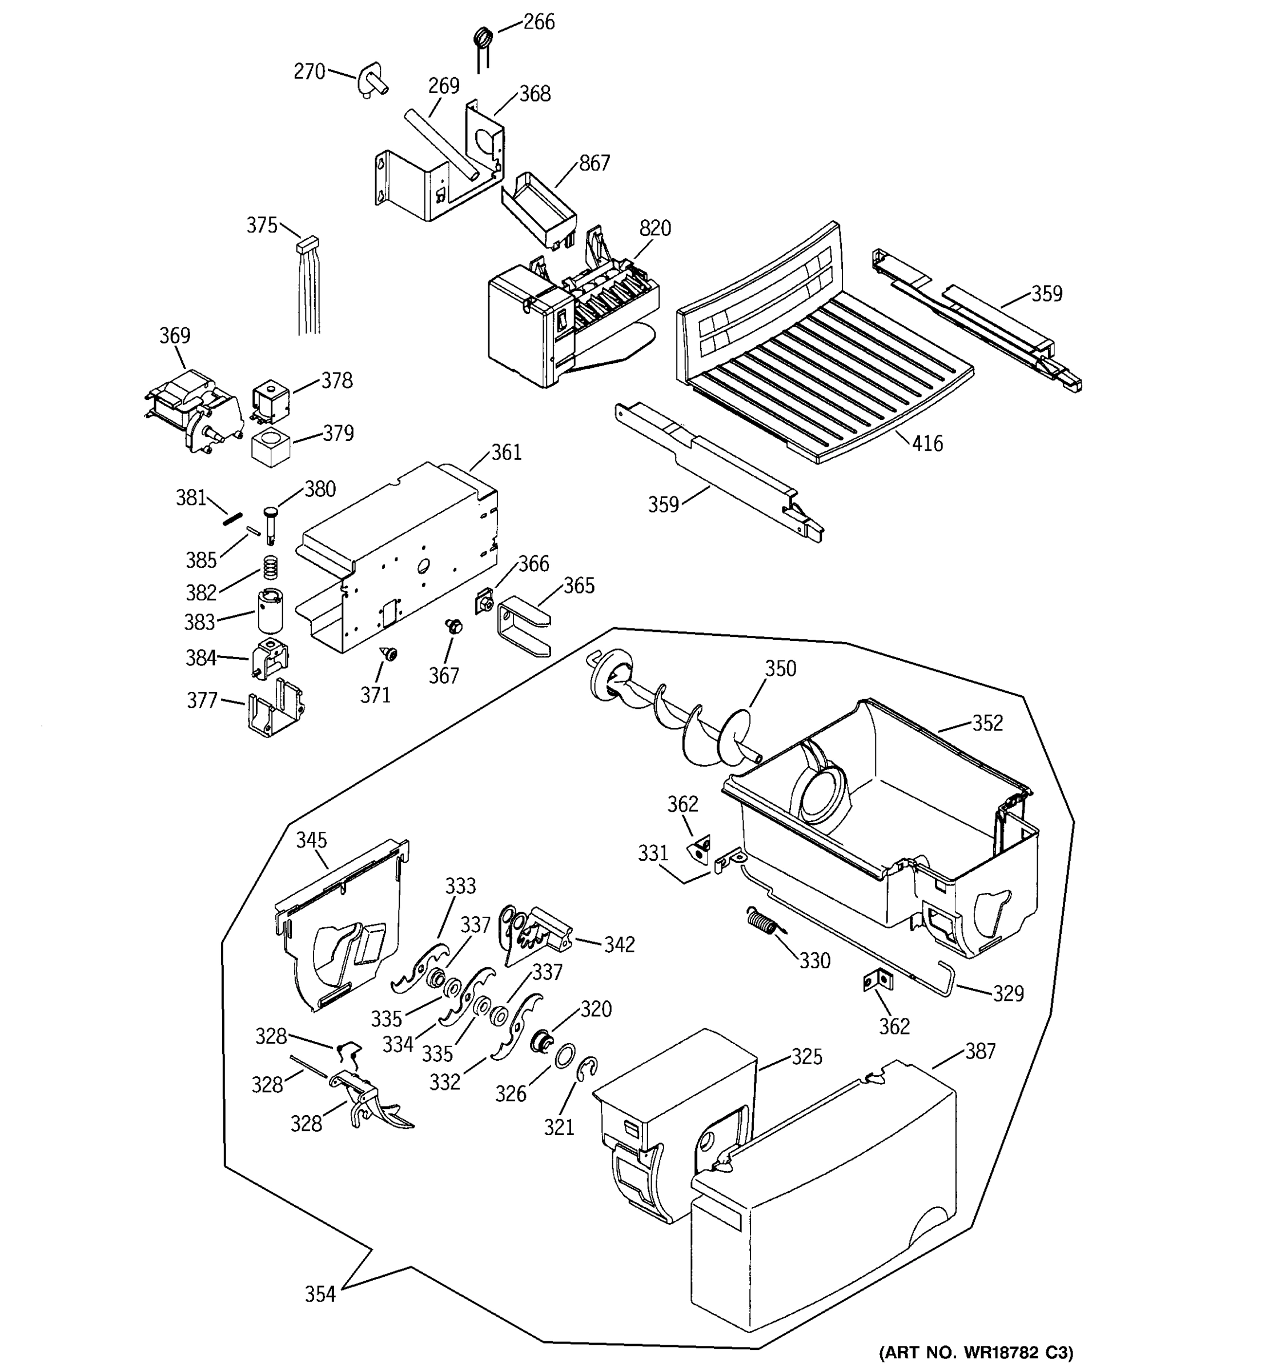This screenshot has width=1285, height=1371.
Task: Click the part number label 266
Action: pyautogui.click(x=539, y=22)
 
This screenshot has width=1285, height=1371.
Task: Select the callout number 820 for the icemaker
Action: pyautogui.click(x=654, y=228)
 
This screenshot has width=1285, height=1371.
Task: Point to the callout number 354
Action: pyautogui.click(x=320, y=1294)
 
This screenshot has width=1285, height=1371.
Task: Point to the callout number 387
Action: pyautogui.click(x=979, y=1051)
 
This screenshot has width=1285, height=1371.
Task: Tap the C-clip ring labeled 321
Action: pyautogui.click(x=587, y=1068)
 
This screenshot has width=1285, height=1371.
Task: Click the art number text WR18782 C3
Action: pyautogui.click(x=975, y=1352)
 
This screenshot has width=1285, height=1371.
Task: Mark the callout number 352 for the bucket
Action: pyautogui.click(x=987, y=723)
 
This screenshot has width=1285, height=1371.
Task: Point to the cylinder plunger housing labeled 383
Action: pyautogui.click(x=270, y=610)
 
